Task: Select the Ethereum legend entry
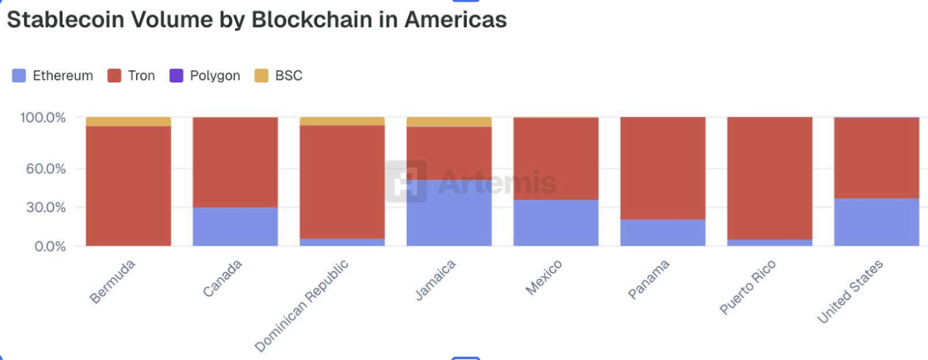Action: click(x=53, y=76)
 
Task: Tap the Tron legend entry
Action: click(x=131, y=76)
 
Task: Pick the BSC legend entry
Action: click(x=278, y=76)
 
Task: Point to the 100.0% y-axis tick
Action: click(x=43, y=118)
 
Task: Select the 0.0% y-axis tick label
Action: click(x=49, y=246)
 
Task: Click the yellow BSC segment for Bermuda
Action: click(x=129, y=122)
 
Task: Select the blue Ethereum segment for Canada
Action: click(x=235, y=226)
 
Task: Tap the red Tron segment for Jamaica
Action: click(x=449, y=153)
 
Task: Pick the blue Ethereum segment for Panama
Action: click(x=663, y=233)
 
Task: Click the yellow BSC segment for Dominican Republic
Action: click(x=342, y=121)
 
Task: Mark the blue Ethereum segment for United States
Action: click(x=877, y=222)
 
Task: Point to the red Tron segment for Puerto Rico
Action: click(x=770, y=178)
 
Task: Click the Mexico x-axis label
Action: click(x=544, y=277)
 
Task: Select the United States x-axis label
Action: click(x=851, y=291)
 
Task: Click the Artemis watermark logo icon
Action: click(x=406, y=181)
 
